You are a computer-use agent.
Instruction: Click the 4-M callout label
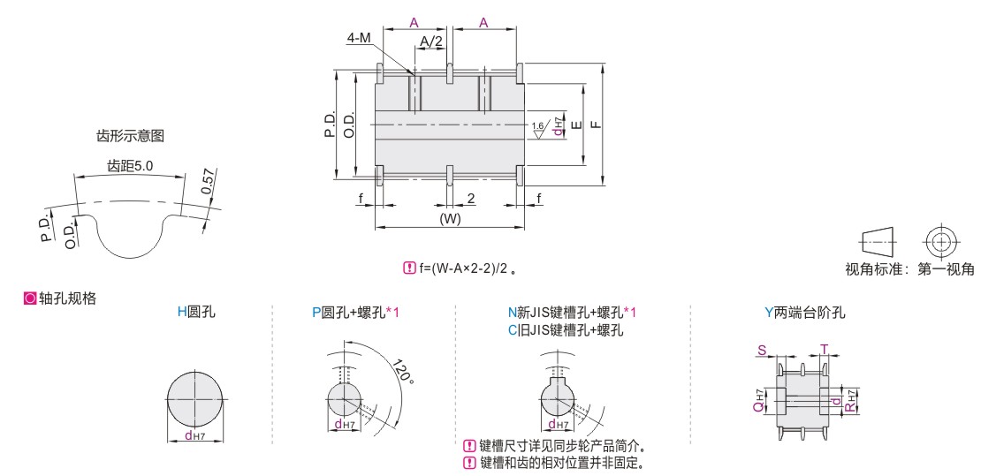click(359, 38)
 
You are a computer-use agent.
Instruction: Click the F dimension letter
click(597, 125)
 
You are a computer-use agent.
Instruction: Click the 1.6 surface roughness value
click(536, 125)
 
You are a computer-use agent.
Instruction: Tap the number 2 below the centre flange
click(470, 199)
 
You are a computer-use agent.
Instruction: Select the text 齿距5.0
click(130, 166)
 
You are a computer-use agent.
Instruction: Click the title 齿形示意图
click(130, 136)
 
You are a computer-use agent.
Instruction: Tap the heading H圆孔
click(196, 312)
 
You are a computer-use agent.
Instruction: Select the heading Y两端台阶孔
click(805, 312)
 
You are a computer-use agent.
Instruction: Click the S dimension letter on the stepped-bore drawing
click(762, 351)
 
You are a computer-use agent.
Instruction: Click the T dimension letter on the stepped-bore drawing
click(825, 351)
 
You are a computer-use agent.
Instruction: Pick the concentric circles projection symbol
click(939, 241)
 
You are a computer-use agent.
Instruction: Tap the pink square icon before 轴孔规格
click(29, 298)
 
